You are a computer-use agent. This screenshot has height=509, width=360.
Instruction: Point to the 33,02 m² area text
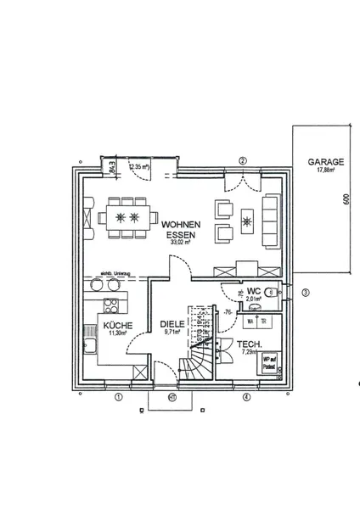click(178, 242)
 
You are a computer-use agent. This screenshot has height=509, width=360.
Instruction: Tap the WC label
click(252, 290)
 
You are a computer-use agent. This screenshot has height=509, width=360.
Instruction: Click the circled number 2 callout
click(243, 160)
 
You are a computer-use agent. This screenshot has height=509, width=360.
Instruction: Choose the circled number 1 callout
click(119, 395)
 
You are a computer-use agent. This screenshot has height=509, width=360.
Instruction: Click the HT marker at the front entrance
click(172, 396)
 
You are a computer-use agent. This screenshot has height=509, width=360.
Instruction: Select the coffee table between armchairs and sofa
click(248, 222)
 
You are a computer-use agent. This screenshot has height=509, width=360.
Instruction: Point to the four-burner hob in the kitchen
click(111, 305)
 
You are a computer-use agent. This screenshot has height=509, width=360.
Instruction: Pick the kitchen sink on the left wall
click(89, 344)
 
